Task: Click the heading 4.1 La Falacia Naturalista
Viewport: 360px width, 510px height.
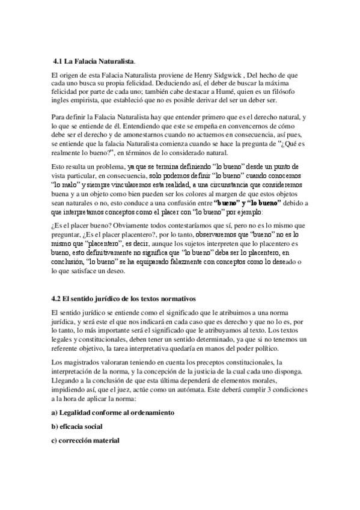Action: (94, 61)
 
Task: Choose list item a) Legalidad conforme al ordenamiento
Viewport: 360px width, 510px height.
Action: (113, 413)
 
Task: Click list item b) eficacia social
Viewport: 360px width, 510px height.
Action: (78, 426)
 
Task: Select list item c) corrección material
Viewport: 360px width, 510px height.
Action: (86, 440)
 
